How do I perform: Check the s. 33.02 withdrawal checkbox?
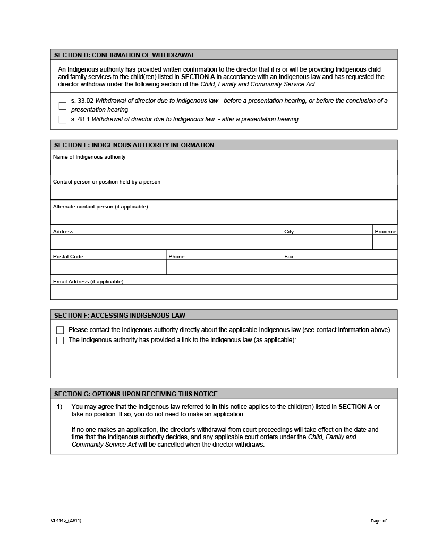tap(63, 106)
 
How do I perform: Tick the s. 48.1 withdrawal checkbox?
tap(63, 119)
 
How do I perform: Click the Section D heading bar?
tap(224, 55)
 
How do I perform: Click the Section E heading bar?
tap(224, 145)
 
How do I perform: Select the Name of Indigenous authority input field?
tap(224, 168)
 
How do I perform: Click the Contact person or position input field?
tap(224, 192)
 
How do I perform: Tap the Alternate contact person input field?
tap(224, 217)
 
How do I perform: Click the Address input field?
tap(166, 242)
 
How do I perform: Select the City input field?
tap(326, 242)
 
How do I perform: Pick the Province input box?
tap(385, 242)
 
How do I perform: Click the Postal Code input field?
tap(108, 267)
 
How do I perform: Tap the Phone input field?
tap(224, 267)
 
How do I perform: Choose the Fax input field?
tap(339, 267)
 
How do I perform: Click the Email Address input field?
tap(224, 292)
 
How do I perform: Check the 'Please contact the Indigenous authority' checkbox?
tap(60, 330)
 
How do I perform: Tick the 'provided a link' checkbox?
tap(60, 341)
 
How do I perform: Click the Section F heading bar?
tap(224, 315)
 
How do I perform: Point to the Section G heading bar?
tap(224, 394)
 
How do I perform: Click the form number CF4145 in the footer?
tap(66, 520)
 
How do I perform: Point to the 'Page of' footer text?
tap(378, 521)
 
